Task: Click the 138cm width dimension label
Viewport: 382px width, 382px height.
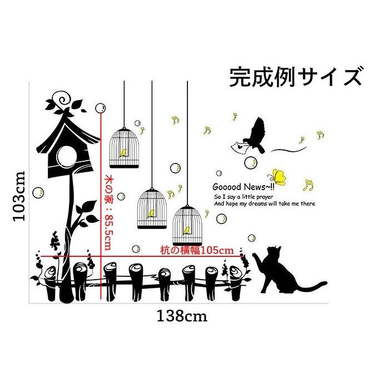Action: [182, 316]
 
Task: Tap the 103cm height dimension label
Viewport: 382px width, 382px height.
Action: [19, 196]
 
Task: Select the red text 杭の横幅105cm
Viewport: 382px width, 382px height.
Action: [197, 250]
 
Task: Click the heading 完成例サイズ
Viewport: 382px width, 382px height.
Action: [295, 77]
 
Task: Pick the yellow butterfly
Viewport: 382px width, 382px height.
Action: [277, 177]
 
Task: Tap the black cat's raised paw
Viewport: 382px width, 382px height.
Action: [255, 255]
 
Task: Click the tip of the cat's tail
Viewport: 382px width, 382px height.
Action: [325, 282]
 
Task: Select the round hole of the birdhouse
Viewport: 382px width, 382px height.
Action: [66, 157]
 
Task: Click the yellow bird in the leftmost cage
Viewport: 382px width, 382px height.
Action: [123, 153]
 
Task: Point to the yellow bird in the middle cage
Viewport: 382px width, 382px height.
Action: [151, 214]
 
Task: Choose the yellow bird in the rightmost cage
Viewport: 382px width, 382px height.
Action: [187, 230]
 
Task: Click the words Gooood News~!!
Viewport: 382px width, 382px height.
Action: [244, 187]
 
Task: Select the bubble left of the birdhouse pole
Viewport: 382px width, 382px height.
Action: [38, 193]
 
